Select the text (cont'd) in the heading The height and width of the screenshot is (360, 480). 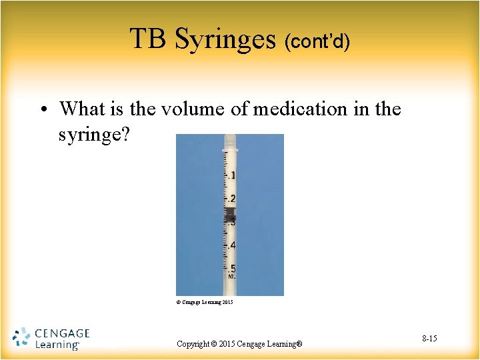point(317,41)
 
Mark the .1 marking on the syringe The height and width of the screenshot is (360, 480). point(232,175)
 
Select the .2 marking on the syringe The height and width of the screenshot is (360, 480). point(232,199)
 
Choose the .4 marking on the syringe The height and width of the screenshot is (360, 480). point(232,246)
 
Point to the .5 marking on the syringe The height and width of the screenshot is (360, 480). point(232,269)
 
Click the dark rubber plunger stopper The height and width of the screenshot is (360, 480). point(231,215)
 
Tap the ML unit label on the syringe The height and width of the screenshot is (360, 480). point(231,275)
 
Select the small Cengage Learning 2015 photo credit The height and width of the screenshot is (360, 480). point(204,302)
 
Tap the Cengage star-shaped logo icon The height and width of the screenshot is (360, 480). point(22,337)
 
